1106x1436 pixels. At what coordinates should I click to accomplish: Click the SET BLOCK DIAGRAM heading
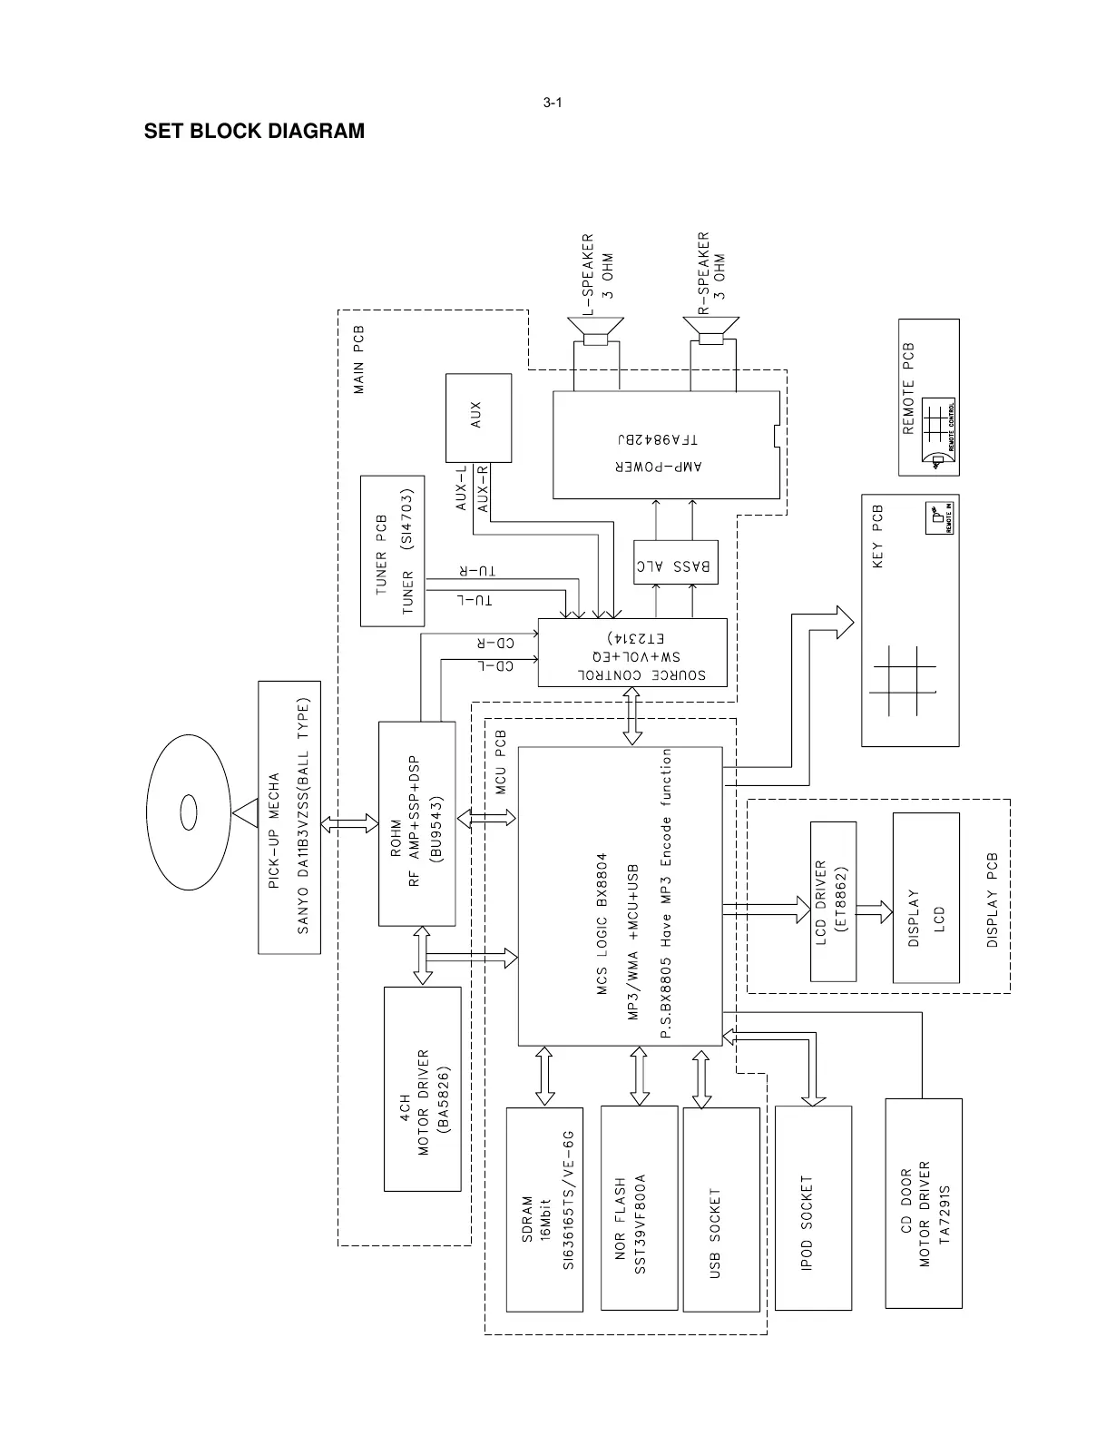coord(254,132)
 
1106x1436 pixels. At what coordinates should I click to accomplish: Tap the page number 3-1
coord(553,103)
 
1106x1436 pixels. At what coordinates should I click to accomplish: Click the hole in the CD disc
coord(189,811)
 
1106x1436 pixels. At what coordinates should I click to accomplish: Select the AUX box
coord(477,418)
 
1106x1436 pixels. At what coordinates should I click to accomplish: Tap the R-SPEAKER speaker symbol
coord(712,330)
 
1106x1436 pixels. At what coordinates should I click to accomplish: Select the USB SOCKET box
coord(720,1209)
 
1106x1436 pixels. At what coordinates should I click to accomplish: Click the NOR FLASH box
coord(639,1207)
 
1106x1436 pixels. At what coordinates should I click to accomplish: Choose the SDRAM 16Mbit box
coord(544,1209)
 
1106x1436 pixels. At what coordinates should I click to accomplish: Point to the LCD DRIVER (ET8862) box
coord(832,900)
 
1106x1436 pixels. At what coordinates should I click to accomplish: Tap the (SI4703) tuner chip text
coord(408,519)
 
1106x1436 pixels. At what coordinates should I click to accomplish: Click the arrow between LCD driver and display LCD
coord(874,911)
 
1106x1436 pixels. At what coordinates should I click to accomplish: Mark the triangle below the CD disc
coord(244,812)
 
